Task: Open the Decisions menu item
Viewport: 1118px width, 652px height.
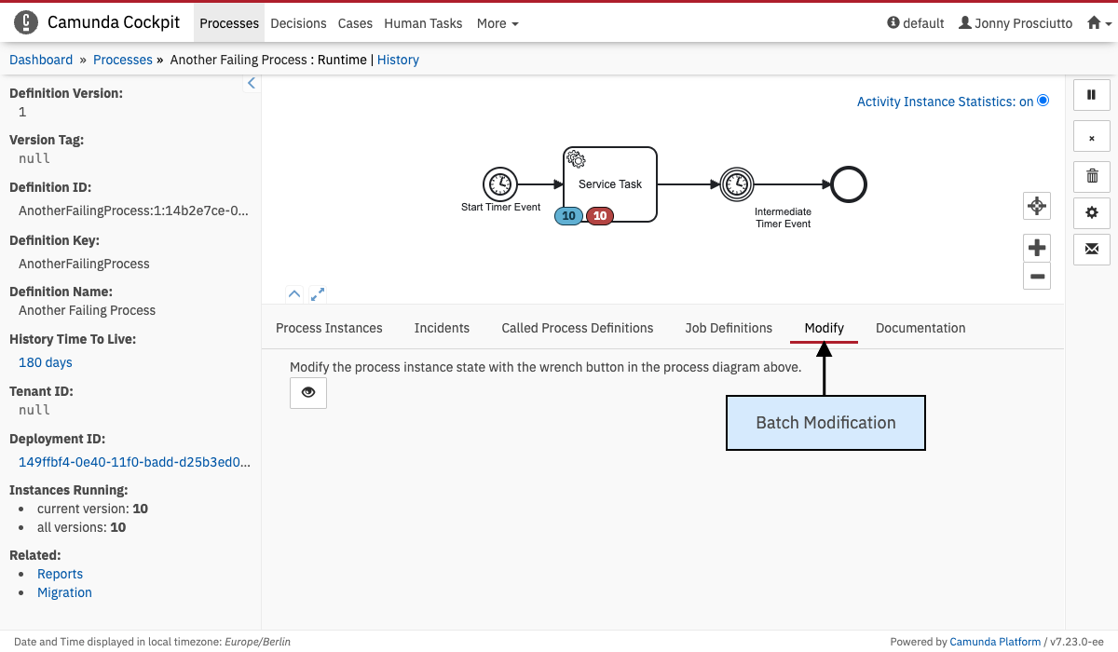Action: [x=298, y=23]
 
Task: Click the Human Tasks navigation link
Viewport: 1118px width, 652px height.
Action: [x=423, y=23]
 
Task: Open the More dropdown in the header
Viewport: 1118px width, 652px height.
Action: [x=498, y=23]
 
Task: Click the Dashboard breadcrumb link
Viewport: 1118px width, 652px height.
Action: [x=41, y=60]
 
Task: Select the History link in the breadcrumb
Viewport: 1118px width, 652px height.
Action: [x=398, y=60]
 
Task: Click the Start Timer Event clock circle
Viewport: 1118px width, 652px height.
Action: [x=500, y=184]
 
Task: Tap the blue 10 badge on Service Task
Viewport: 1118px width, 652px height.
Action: [x=568, y=216]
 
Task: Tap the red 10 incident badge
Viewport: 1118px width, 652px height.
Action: [x=600, y=216]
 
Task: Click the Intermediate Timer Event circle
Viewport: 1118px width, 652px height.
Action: [x=736, y=184]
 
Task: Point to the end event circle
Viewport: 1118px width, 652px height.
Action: [x=849, y=184]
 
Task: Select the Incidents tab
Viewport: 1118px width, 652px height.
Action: [x=442, y=328]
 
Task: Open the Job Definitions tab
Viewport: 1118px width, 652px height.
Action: [x=729, y=328]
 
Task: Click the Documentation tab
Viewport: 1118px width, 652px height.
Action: [x=920, y=328]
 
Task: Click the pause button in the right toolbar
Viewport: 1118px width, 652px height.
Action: [x=1092, y=95]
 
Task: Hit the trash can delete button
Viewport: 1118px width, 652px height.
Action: [x=1092, y=175]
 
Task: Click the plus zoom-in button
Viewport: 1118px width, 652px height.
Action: [x=1037, y=248]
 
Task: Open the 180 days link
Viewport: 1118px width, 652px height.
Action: [x=46, y=362]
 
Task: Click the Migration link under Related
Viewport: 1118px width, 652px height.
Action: [x=64, y=592]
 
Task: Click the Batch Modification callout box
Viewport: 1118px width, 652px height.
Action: [x=825, y=423]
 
